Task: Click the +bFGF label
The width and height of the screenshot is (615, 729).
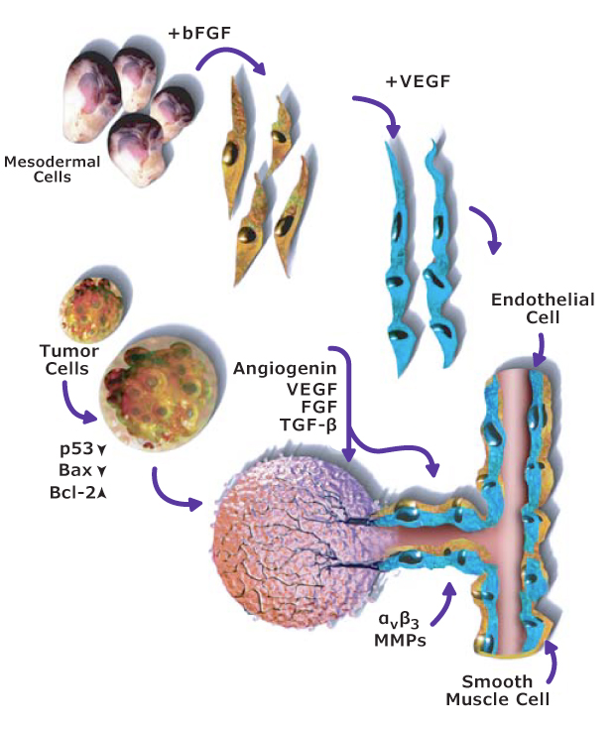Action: coord(200,33)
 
